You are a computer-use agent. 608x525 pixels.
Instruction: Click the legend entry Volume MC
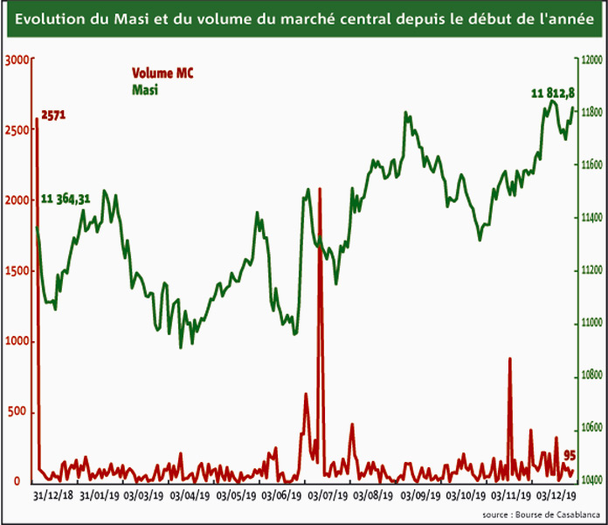coord(162,73)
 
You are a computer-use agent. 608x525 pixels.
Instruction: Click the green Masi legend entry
coord(144,89)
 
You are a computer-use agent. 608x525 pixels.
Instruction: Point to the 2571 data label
coord(55,115)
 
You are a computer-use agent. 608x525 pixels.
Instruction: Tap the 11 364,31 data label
coord(66,200)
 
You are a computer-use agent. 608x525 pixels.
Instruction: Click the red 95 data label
coord(569,455)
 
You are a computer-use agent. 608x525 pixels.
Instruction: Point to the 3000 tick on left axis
coord(17,59)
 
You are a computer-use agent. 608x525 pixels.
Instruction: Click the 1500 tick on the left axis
coord(17,271)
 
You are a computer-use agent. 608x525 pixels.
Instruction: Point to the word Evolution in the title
coord(50,19)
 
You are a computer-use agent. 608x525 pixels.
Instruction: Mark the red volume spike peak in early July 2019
coord(320,189)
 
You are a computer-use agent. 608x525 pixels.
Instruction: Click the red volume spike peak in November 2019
coord(509,360)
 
